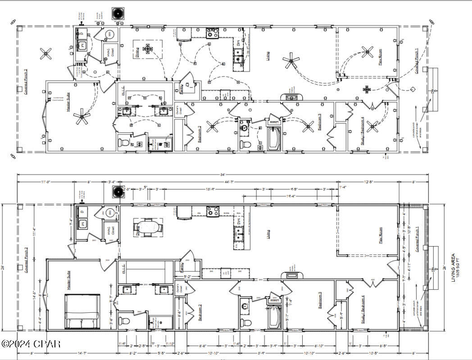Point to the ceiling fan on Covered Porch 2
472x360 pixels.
46,54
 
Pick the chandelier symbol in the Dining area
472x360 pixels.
148,49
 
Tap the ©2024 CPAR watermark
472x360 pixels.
31,344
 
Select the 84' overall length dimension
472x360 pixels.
222,175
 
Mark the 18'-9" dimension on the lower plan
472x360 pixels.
210,189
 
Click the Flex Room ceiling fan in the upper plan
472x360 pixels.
368,53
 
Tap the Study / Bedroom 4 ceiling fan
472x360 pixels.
373,126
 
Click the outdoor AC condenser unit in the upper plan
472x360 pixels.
118,13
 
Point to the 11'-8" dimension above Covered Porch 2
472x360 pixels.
46,182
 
